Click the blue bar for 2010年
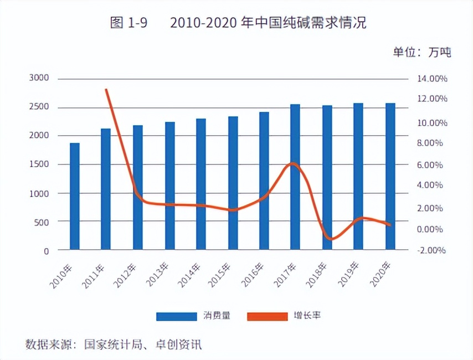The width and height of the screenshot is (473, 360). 75,196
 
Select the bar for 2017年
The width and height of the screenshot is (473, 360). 295,177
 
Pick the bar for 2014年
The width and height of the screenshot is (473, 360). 200,184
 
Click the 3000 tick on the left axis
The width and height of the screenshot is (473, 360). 39,79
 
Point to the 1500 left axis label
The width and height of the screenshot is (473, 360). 39,164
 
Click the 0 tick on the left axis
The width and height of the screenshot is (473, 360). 46,251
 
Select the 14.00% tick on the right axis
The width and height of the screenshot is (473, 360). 432,79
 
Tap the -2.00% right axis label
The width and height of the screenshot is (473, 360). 431,250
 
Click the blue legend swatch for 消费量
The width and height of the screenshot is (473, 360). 176,317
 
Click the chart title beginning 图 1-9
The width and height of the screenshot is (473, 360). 238,23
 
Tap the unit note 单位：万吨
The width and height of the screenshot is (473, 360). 422,53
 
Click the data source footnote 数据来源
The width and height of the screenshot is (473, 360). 114,344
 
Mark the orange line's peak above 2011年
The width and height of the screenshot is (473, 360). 106,90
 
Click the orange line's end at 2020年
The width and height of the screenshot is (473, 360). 390,225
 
